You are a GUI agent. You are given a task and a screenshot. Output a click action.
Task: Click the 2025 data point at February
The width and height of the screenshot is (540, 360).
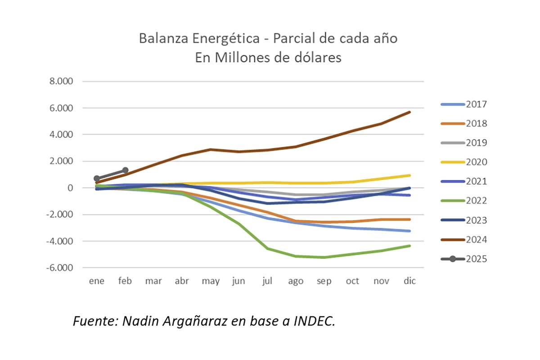pos(125,170)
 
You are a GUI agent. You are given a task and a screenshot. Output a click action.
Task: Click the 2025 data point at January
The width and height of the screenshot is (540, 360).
pos(97,178)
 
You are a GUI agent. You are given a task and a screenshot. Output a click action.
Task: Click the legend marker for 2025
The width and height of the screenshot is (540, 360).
pos(453,259)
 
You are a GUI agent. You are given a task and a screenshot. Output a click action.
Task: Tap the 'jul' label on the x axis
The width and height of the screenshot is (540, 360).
pos(267,281)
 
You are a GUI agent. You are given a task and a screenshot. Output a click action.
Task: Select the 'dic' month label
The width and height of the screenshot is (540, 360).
pos(409,281)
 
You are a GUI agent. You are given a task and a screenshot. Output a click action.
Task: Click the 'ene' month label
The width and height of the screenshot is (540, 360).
pos(97,281)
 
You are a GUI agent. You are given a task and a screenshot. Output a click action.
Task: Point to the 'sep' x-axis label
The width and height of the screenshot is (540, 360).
pos(324,281)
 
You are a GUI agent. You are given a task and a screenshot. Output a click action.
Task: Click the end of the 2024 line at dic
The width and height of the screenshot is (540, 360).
pos(409,112)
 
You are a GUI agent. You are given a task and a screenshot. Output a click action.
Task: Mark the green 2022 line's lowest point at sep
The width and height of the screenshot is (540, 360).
pos(324,257)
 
